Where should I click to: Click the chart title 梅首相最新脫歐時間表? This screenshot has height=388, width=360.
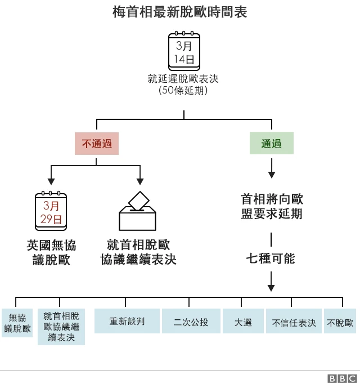pos(179,12)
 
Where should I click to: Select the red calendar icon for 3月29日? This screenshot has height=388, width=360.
pos(51,211)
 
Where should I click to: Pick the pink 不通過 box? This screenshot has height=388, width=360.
pos(97,144)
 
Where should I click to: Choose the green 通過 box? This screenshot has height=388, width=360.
pos(271,144)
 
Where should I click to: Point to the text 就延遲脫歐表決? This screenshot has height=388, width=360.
pos(183,79)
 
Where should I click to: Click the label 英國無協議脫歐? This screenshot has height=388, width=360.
pos(51,252)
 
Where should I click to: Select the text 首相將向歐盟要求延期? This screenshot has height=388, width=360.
pos(271,206)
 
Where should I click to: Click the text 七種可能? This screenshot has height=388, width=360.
pos(271,258)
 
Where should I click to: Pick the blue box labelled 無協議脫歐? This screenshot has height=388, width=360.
pos(17,323)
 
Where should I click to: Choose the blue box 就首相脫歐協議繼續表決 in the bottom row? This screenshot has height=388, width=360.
pos(61,326)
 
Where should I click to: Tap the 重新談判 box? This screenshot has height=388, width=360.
pos(127,322)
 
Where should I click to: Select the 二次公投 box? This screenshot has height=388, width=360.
pos(191,322)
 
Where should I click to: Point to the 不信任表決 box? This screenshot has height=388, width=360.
pos(294,322)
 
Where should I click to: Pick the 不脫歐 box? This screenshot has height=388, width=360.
pos(340,322)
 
